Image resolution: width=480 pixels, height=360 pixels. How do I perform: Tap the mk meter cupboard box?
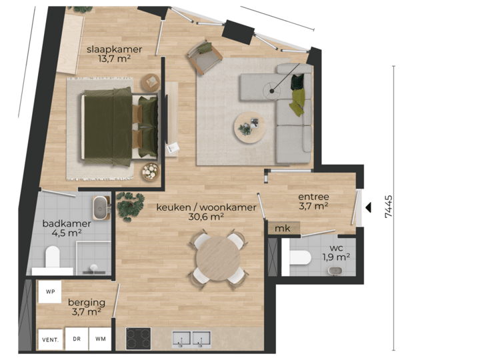pos(283,229)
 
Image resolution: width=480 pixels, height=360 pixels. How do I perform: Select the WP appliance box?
pos(50,292)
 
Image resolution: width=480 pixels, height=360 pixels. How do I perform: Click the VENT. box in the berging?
pos(51,339)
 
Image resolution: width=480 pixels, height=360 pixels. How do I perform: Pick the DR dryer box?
pos(77,339)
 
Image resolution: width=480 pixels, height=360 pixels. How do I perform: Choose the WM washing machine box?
pos(100,339)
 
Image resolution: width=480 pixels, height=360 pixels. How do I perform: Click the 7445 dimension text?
pos(389,208)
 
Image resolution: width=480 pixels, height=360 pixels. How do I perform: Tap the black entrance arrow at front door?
pos(367,208)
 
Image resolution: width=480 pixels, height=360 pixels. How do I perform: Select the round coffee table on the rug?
pos(249,126)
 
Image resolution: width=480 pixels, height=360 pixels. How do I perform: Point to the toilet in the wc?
pos(299,257)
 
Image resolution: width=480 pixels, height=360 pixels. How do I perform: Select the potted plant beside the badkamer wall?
pos(129,206)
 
